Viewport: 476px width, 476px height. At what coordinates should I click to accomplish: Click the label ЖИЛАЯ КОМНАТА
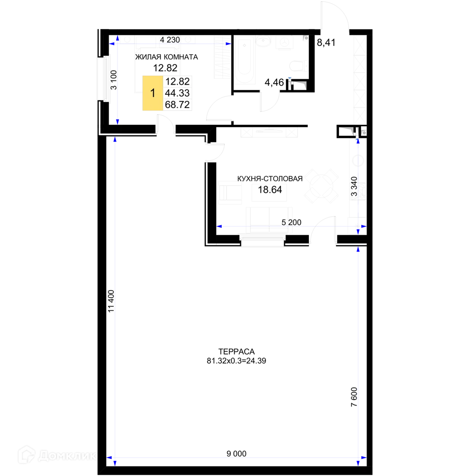(166, 57)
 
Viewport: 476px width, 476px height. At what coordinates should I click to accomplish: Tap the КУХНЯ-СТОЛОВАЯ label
(270, 179)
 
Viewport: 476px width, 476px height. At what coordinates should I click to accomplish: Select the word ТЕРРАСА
(237, 352)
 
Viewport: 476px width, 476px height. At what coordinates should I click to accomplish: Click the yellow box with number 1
(153, 93)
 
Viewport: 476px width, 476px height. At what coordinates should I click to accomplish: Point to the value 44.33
(177, 93)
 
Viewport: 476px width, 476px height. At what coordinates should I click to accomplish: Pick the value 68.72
(177, 104)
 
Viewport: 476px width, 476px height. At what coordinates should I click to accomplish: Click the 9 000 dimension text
(237, 454)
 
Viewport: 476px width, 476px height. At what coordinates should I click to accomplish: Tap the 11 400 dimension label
(111, 301)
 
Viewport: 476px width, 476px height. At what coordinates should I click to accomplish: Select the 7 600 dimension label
(354, 397)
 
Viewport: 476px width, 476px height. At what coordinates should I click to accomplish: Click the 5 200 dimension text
(291, 222)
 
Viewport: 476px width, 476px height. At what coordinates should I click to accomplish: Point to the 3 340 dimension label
(354, 187)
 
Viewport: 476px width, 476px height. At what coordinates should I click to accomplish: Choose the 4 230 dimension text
(170, 40)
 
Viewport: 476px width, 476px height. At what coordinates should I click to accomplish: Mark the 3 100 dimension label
(114, 80)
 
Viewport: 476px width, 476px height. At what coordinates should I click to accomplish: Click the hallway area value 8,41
(326, 42)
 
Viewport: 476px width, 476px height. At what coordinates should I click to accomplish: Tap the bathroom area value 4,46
(274, 82)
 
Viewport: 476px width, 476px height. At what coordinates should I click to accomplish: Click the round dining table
(321, 186)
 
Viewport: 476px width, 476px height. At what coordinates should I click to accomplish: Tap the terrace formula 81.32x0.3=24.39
(237, 361)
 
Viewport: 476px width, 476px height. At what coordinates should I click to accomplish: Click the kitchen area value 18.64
(270, 190)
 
